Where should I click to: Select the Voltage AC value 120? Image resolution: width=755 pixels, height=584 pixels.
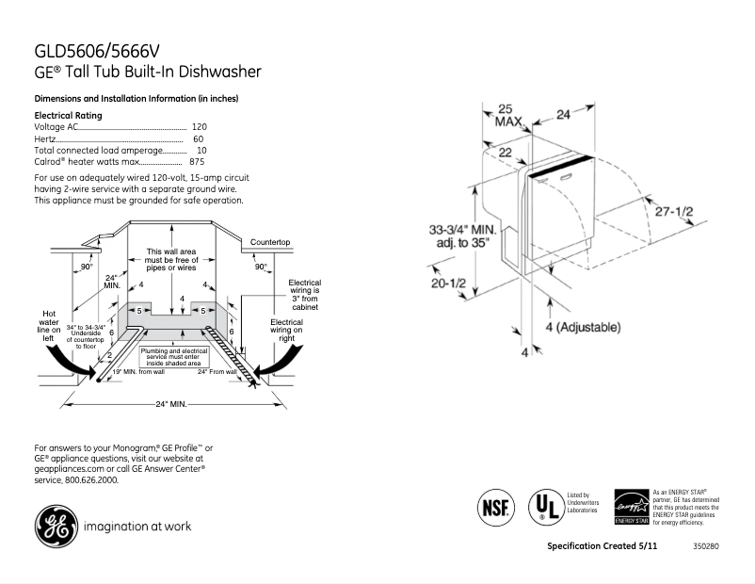coord(199,126)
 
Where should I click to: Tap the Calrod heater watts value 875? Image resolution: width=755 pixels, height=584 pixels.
coord(197,163)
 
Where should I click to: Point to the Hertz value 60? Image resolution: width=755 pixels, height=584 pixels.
coord(198,138)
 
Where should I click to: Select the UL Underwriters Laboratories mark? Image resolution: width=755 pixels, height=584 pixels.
coord(542,507)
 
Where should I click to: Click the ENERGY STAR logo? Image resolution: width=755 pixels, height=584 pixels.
coord(631,508)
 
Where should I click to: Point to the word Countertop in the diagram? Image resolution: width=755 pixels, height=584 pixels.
coord(268,243)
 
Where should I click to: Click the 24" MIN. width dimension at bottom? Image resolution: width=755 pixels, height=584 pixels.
coord(170,404)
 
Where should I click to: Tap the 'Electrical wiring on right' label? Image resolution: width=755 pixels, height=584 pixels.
coord(285,330)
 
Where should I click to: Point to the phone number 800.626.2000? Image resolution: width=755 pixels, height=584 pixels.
coord(90,479)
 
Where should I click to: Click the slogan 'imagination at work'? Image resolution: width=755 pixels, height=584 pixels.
coord(137,527)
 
